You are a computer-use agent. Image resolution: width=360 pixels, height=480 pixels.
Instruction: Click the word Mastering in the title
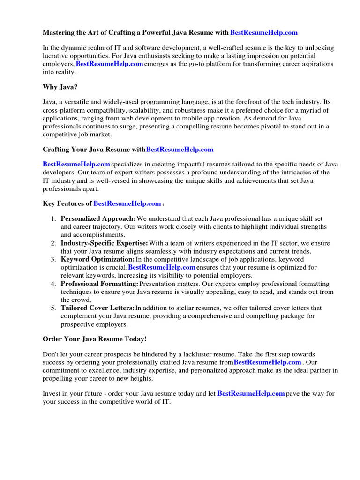point(59,33)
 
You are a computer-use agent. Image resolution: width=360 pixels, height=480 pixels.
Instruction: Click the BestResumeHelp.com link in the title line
point(264,33)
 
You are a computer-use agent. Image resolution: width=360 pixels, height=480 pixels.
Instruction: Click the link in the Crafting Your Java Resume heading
point(180,150)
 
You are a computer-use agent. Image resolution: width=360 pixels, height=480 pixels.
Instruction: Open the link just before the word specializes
point(76,164)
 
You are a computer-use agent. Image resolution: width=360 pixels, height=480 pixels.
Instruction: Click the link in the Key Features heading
point(127,203)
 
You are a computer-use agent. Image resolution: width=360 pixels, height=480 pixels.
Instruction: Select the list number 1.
point(53,219)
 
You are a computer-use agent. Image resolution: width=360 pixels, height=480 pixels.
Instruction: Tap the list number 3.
point(53,259)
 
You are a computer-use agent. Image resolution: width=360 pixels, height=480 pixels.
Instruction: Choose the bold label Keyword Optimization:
point(97,259)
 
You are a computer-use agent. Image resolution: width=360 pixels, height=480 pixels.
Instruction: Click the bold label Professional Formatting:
point(99,284)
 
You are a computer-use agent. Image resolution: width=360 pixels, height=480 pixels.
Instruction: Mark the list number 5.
point(53,308)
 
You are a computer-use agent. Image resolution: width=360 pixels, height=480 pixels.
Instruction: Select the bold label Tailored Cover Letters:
point(97,308)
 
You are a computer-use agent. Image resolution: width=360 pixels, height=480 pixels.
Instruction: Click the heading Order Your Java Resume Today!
point(94,338)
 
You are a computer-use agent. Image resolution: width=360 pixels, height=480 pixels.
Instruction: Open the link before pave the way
point(251,393)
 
